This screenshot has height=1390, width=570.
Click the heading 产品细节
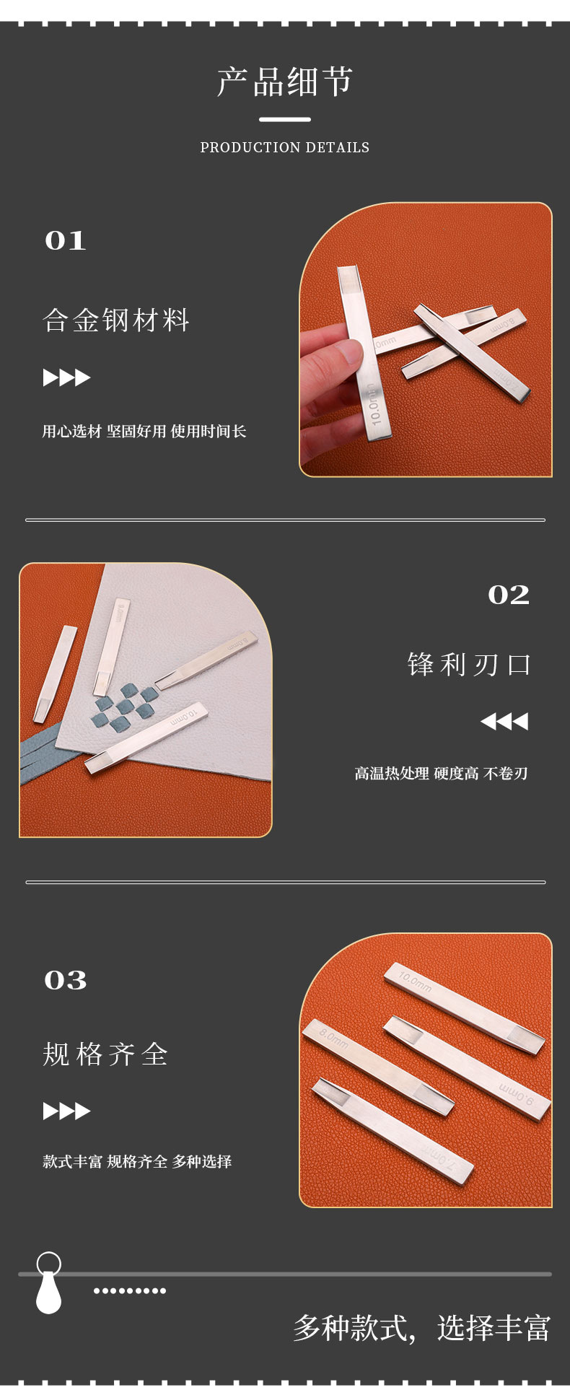pyautogui.click(x=285, y=82)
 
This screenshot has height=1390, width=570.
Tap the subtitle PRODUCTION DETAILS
pyautogui.click(x=285, y=147)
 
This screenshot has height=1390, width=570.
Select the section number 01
pyautogui.click(x=66, y=240)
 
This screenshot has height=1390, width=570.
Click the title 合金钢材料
pyautogui.click(x=116, y=320)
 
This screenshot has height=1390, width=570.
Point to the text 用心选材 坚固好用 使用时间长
pyautogui.click(x=144, y=432)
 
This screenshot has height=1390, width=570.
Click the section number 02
pyautogui.click(x=509, y=595)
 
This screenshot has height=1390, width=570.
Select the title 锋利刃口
pyautogui.click(x=469, y=664)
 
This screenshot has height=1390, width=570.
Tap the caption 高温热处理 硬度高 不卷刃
pyautogui.click(x=442, y=774)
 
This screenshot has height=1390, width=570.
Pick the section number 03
pyautogui.click(x=66, y=980)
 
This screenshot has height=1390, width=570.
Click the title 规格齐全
pyautogui.click(x=105, y=1054)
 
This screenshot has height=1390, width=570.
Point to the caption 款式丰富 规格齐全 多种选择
pyautogui.click(x=137, y=1161)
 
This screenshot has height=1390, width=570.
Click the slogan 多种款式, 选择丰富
pyautogui.click(x=422, y=1328)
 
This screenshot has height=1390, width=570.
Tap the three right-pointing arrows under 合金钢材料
pyautogui.click(x=66, y=377)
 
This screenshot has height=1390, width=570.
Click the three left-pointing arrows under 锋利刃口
pyautogui.click(x=504, y=721)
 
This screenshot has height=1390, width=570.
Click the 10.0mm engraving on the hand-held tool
pyautogui.click(x=373, y=404)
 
